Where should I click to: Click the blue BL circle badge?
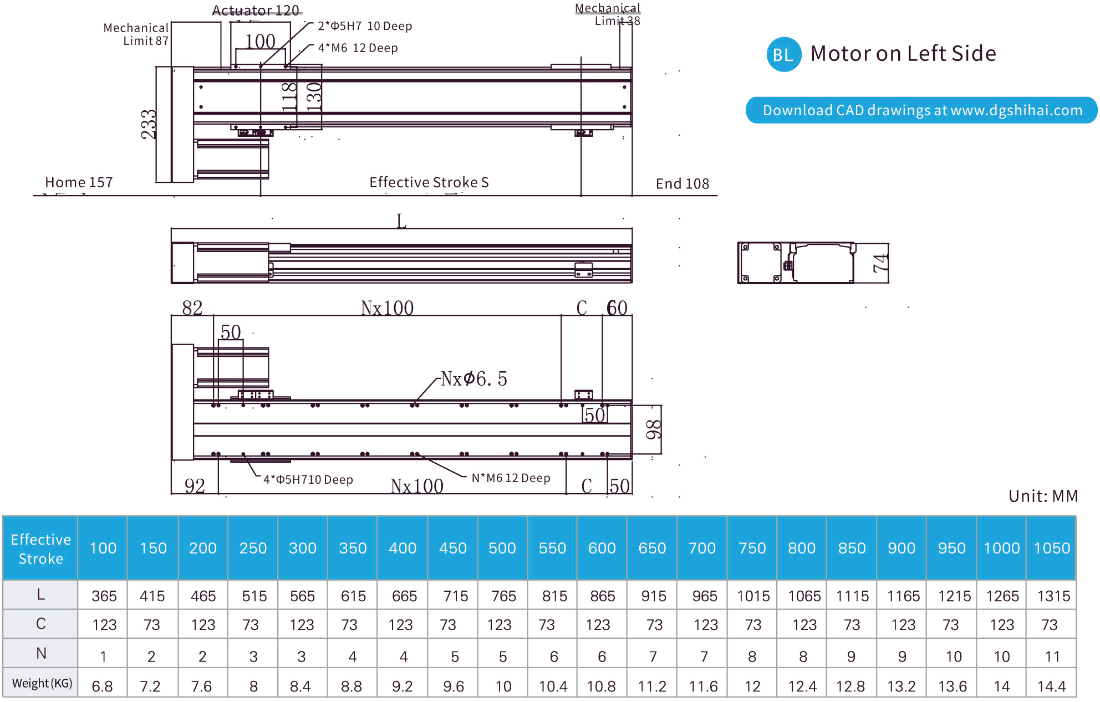point(783,54)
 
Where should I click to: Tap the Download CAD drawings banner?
point(921,110)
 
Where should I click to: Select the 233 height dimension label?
point(149,124)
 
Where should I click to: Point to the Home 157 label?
point(79,182)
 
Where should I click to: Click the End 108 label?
point(683,183)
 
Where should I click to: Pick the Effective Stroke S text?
point(429,182)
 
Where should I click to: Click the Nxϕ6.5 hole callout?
point(474,379)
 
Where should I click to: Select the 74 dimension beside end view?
point(880,263)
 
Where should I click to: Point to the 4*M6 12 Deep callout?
point(358,48)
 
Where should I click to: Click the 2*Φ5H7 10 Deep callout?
point(365,26)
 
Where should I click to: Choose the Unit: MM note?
point(1043,496)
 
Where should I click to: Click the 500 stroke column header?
point(502,548)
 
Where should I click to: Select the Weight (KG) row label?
point(42,683)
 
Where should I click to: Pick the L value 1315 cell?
point(1053,596)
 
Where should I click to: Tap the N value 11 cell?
point(1052,657)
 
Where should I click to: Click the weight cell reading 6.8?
point(103,686)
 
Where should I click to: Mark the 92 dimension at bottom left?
point(195,486)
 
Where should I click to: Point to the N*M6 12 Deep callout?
point(511,478)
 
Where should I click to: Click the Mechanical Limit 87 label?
point(136,34)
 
